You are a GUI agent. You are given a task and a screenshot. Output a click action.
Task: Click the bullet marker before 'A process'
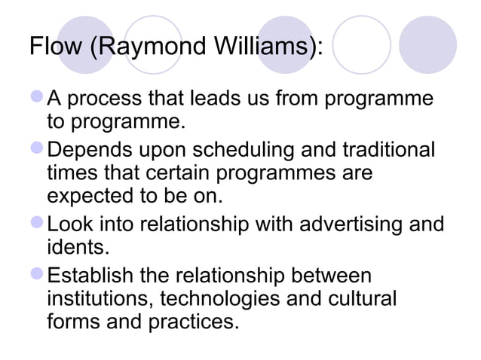pos(37,99)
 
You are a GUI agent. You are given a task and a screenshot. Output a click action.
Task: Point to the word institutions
pos(99,297)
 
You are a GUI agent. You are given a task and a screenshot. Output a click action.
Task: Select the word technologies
pos(221,297)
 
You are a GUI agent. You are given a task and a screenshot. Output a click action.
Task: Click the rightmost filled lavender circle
pos(428,45)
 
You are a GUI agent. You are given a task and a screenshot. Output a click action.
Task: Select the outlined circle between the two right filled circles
pos(362,45)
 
